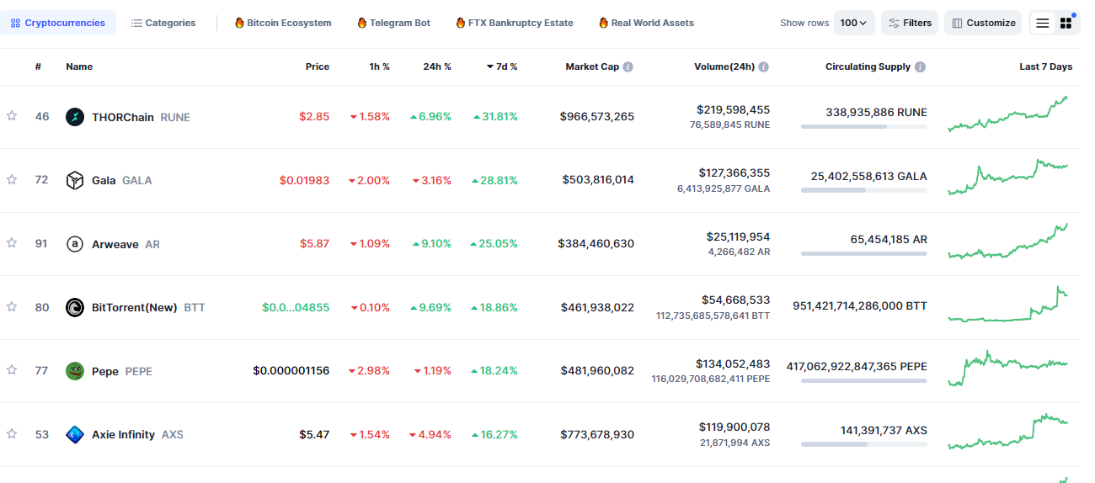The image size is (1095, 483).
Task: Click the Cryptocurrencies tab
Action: (57, 23)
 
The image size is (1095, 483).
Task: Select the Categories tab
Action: (163, 23)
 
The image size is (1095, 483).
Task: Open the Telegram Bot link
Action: (393, 23)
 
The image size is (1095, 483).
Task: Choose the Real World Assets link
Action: (646, 23)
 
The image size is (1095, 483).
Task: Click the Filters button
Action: (910, 23)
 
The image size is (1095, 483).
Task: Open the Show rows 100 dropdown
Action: (854, 23)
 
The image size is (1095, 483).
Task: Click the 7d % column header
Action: (502, 66)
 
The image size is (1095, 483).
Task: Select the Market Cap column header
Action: (592, 66)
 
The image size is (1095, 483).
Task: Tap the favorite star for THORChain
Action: (12, 116)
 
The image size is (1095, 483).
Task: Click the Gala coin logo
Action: (75, 180)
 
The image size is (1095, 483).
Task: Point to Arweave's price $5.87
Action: (314, 244)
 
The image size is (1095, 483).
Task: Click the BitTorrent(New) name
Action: (135, 307)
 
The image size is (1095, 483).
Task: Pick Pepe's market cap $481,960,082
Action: (597, 371)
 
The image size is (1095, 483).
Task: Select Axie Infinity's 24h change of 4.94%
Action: (430, 435)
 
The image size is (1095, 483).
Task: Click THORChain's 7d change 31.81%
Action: (495, 117)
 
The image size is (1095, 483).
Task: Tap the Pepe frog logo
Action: (75, 371)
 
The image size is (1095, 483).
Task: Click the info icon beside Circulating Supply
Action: (920, 66)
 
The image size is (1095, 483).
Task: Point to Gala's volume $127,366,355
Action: (734, 172)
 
